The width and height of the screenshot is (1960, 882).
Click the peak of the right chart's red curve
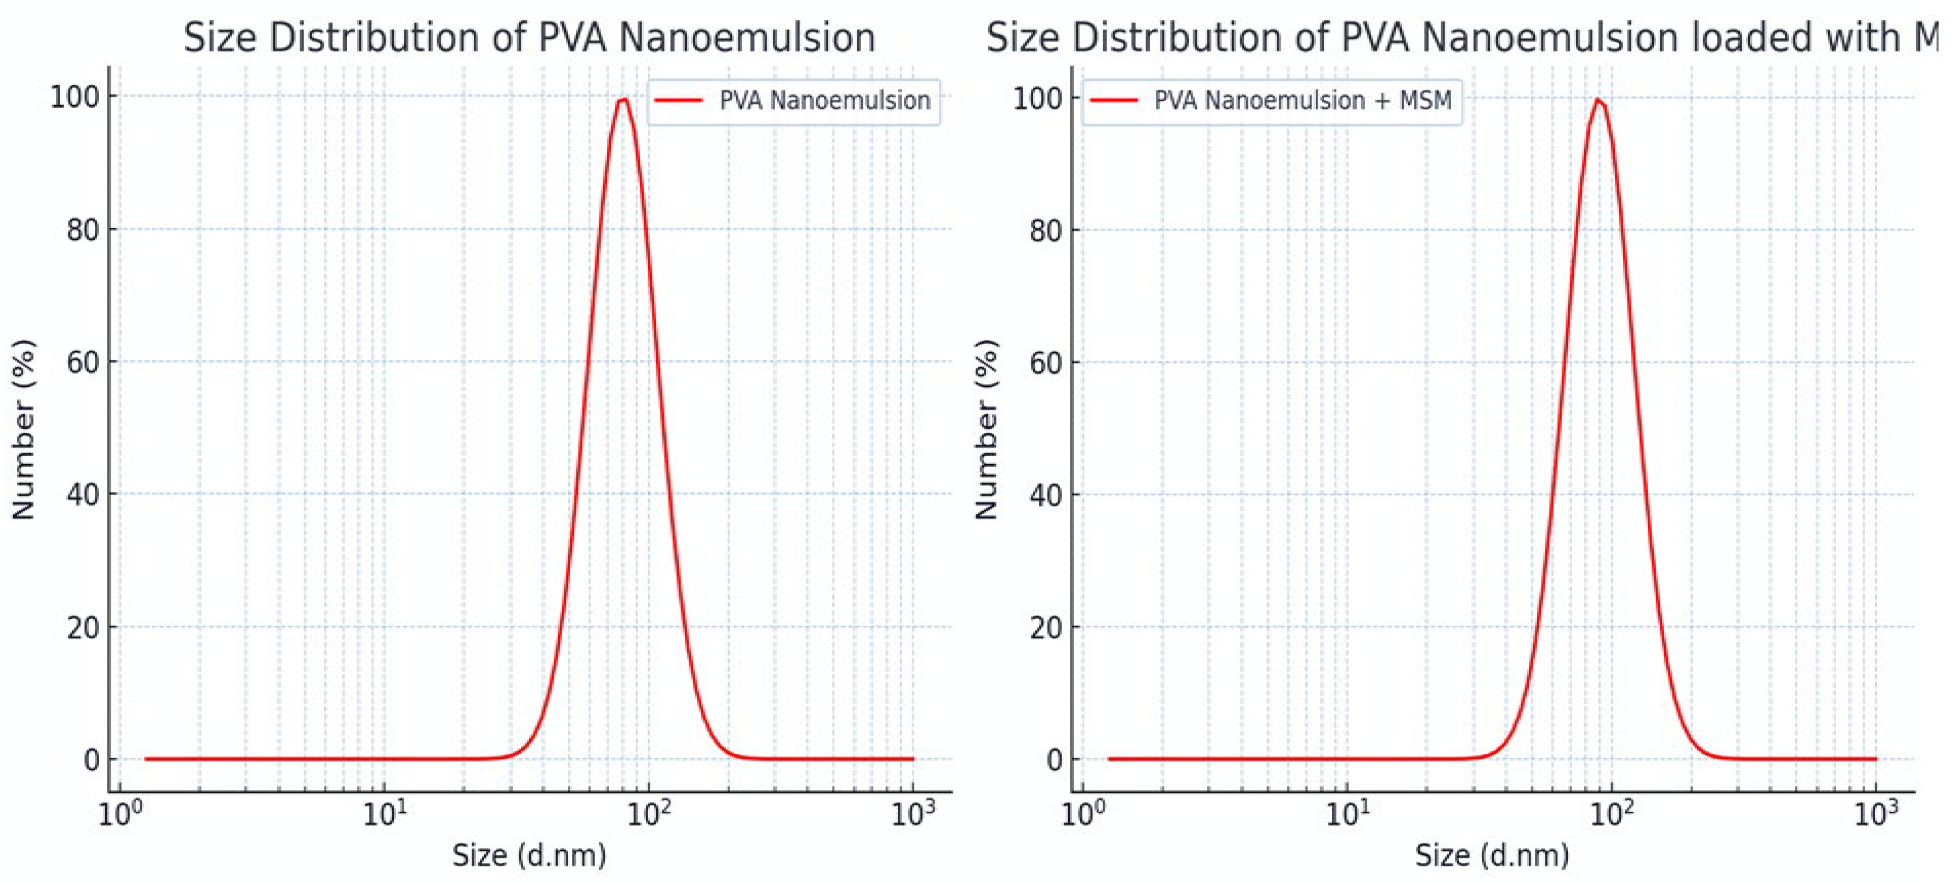(x=1596, y=100)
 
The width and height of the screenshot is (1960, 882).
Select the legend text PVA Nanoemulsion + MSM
(x=1303, y=100)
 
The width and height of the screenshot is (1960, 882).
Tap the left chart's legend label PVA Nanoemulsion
(x=824, y=100)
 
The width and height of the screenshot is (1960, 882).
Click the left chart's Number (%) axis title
(x=24, y=430)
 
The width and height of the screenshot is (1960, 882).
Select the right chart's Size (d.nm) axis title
(x=1491, y=855)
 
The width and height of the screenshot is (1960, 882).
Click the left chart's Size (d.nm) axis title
(x=529, y=855)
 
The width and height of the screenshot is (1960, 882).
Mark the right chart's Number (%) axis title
(x=986, y=430)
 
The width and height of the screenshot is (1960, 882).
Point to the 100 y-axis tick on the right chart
(x=1037, y=98)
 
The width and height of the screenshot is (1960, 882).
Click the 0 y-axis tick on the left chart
(x=91, y=759)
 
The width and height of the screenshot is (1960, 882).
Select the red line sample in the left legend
(x=678, y=100)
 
